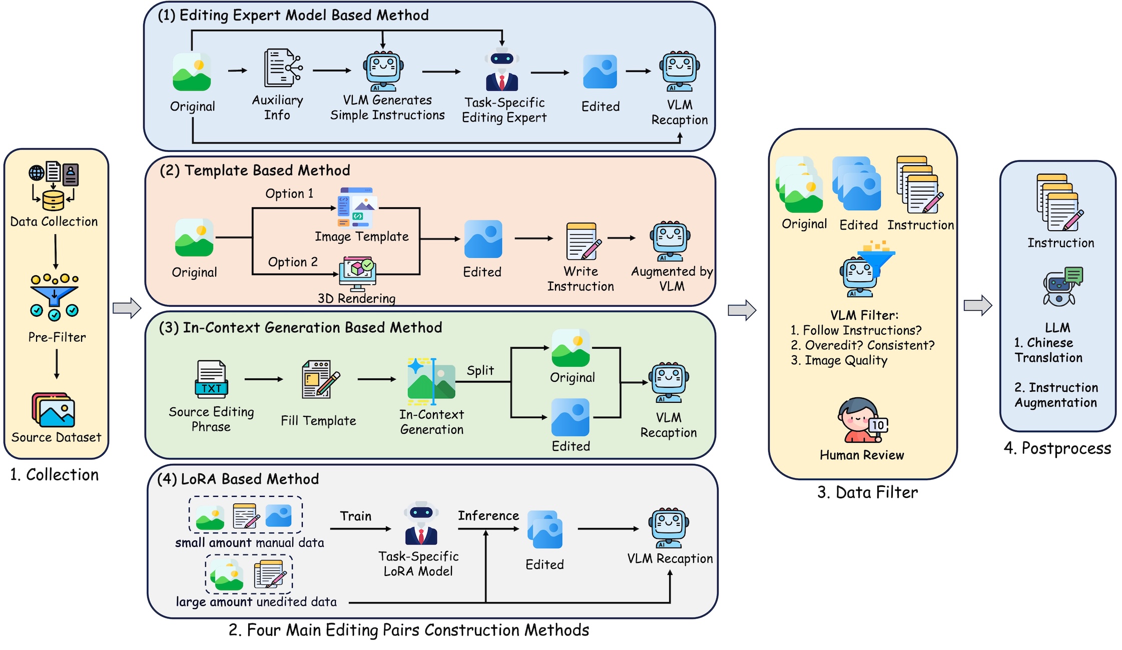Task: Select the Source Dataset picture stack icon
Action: tap(54, 409)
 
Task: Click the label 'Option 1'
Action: tap(289, 194)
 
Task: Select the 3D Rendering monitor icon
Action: tap(357, 273)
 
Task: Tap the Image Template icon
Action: tap(357, 208)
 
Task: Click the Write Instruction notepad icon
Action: tap(583, 242)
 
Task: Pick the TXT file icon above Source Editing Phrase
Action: tap(211, 379)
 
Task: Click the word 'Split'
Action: tap(480, 371)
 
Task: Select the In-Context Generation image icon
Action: tap(431, 381)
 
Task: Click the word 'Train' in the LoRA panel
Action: tap(356, 516)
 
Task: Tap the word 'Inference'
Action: tap(488, 515)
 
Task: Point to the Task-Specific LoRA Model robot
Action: tap(421, 523)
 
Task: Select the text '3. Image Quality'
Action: tap(839, 360)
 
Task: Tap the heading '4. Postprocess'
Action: tap(1057, 448)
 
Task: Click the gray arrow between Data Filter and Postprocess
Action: tap(977, 305)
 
